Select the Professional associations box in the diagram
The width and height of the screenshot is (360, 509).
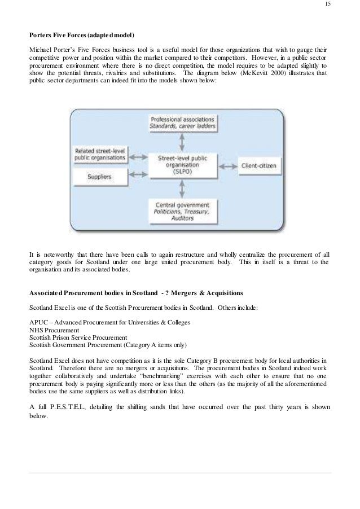click(x=182, y=122)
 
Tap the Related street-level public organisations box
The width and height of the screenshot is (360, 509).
click(x=100, y=153)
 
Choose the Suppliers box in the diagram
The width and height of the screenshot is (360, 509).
click(x=100, y=177)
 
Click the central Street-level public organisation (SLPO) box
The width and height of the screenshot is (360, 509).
click(x=181, y=166)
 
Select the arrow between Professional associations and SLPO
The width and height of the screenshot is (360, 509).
click(x=182, y=138)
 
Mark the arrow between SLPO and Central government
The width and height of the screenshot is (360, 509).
click(x=182, y=191)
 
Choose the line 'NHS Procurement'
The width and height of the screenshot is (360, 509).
click(x=54, y=330)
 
